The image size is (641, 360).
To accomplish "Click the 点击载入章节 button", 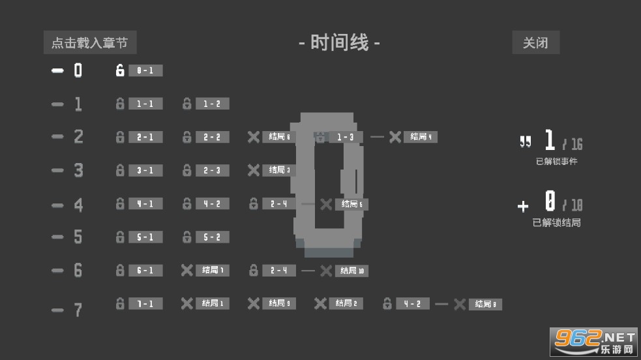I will point(90,43).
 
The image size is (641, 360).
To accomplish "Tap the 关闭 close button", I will point(535,43).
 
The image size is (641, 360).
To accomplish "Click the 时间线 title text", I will point(340,43).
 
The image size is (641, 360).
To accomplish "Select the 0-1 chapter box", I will point(145,70).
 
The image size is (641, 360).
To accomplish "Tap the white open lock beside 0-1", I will point(120,70).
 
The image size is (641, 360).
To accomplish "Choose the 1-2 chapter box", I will point(212,104).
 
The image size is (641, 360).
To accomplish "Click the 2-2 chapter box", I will point(212,137).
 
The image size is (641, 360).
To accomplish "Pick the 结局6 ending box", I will point(279,137).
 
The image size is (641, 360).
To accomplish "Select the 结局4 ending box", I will point(420,137).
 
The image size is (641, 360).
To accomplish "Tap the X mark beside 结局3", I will point(254,170).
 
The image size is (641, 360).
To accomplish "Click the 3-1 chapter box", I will point(145,170).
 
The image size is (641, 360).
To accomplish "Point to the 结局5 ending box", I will point(352,204).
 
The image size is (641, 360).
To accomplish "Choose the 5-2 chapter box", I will point(212,237).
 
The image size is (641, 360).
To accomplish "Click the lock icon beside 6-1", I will point(120,270).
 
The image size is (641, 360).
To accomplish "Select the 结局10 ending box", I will point(352,271).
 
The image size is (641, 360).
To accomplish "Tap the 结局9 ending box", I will point(279,303).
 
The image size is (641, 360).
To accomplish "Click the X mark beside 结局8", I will point(460,304).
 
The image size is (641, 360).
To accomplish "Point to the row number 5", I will point(78,237).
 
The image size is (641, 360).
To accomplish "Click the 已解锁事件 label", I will point(556,161).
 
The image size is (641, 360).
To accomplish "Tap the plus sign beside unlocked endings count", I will point(523,207).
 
